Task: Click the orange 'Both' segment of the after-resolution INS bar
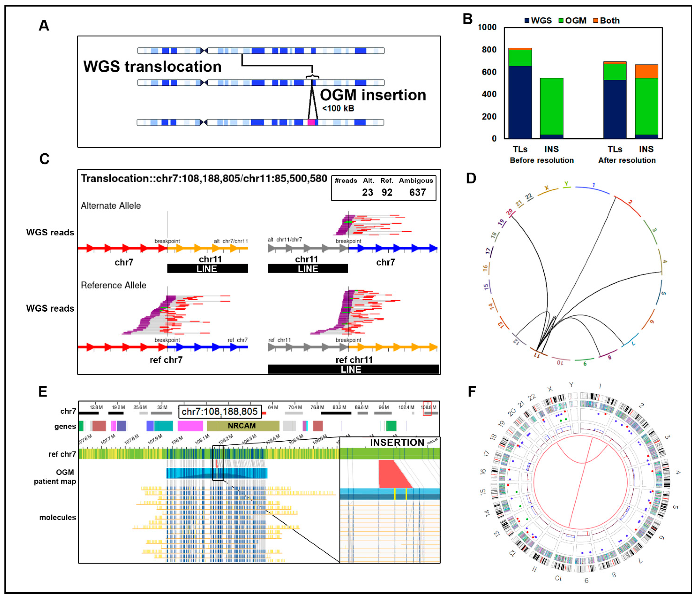pos(646,71)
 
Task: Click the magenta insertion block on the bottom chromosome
pos(311,122)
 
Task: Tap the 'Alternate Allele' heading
pos(111,206)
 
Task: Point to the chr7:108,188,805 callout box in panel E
pos(220,411)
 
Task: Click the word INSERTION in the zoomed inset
pos(397,443)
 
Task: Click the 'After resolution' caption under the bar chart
pos(627,160)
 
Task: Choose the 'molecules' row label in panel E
pos(57,517)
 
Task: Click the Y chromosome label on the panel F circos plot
pos(571,385)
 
